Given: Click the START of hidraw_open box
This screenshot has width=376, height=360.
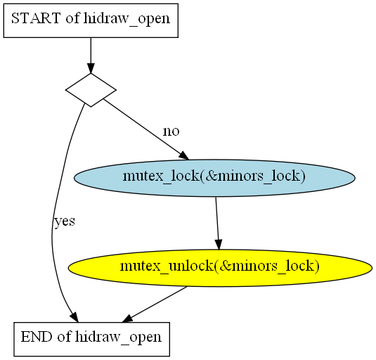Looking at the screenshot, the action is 91,20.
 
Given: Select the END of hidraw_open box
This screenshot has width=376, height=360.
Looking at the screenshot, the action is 92,339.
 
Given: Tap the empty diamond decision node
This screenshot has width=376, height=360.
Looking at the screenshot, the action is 91,90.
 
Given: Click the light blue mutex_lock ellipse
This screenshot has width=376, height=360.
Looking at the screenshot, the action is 214,178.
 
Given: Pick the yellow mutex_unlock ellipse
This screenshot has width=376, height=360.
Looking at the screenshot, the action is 220,268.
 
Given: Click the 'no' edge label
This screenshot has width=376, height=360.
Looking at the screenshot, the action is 171,131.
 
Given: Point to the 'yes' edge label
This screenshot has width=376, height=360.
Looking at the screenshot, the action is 65,221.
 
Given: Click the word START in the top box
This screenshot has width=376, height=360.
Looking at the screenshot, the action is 36,18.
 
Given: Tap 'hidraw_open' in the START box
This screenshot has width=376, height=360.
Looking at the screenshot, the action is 127,19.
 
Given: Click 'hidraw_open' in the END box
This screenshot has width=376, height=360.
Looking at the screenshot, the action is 118,337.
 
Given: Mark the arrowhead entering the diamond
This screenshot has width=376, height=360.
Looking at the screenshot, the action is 91,68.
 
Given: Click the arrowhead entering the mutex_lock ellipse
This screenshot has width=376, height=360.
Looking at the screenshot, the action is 184,155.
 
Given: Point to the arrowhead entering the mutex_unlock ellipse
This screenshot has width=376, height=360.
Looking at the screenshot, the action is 218,245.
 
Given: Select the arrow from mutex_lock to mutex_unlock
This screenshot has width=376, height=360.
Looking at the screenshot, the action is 217,224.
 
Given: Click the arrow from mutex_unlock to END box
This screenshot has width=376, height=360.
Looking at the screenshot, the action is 155,304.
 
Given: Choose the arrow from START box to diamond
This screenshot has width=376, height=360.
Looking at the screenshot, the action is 91,56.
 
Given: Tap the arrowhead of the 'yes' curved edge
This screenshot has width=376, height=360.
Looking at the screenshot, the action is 74,317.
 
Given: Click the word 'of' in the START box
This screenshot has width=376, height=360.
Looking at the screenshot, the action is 72,18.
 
